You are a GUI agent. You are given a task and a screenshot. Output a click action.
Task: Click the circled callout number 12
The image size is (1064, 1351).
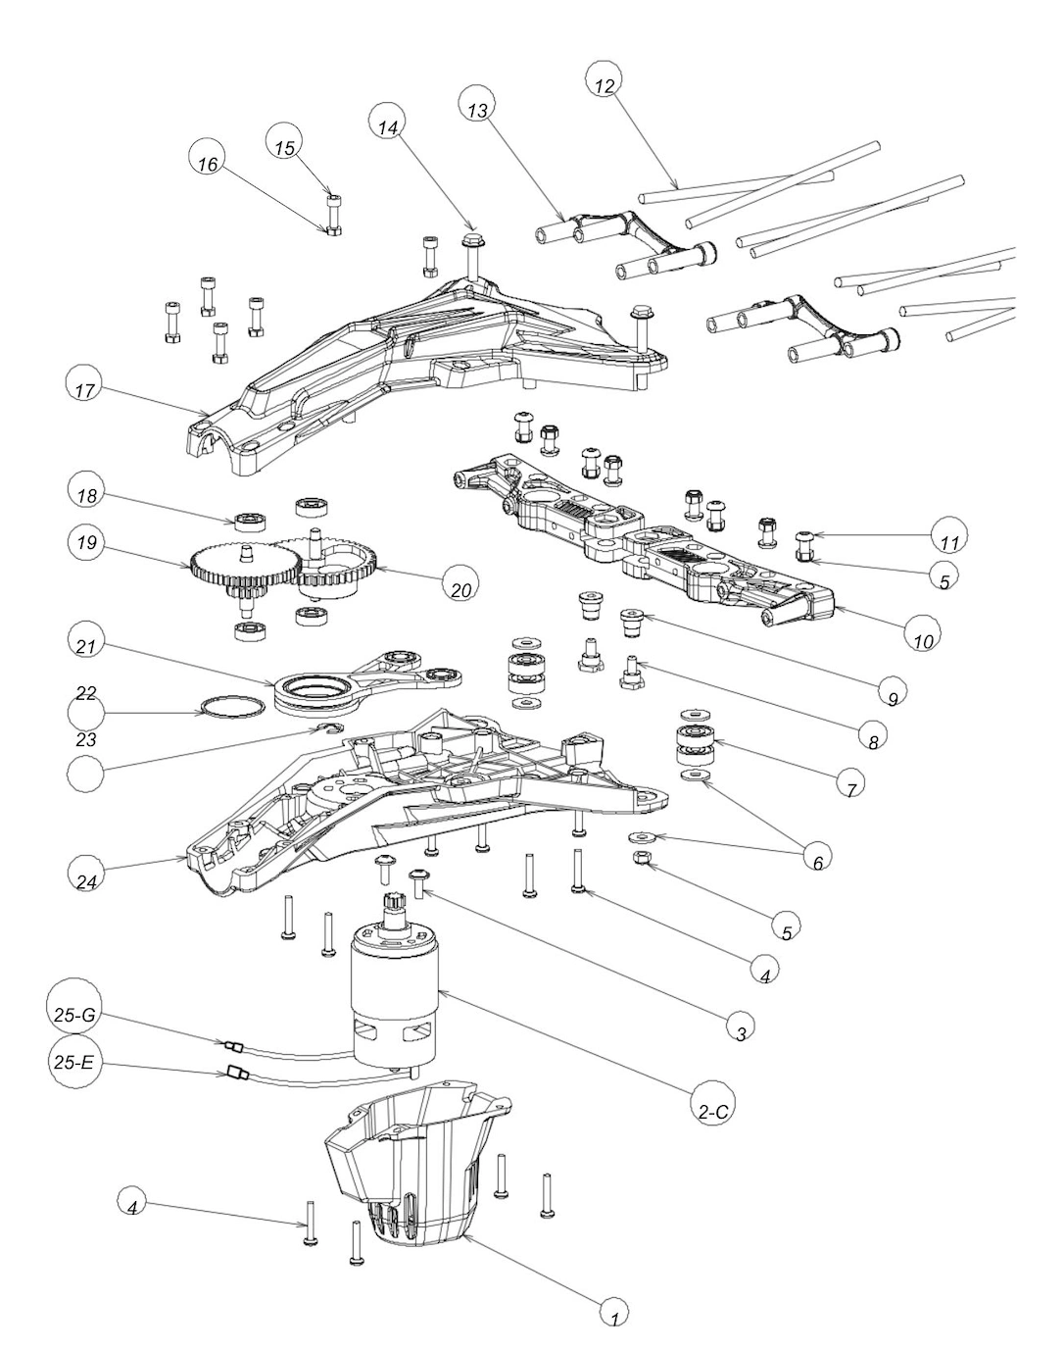(x=605, y=84)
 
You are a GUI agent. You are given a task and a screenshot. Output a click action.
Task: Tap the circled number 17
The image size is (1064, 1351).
(x=84, y=387)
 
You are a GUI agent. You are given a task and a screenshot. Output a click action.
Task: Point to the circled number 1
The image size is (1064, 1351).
(x=613, y=1313)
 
